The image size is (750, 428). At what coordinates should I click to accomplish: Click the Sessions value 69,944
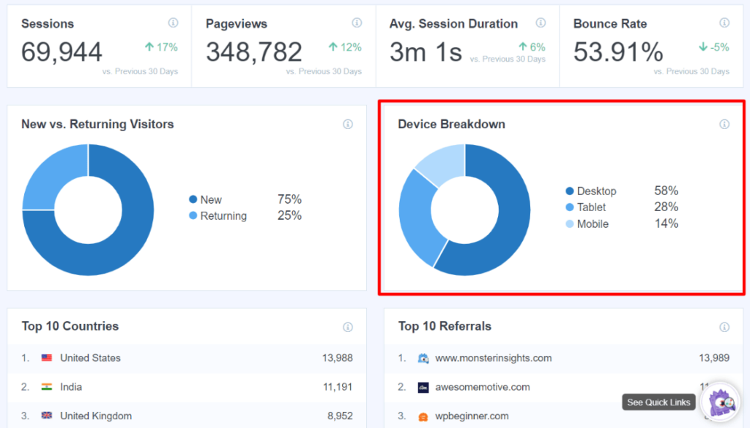point(62,52)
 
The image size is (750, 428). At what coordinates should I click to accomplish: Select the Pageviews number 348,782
point(253,52)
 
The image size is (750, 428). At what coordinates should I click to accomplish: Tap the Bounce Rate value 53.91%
point(618,52)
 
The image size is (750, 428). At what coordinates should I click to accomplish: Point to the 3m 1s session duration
point(426,52)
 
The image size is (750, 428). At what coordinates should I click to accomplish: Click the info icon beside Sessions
point(173,23)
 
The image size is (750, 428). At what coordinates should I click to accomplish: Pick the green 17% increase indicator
point(161,48)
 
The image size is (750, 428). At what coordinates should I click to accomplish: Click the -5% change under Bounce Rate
point(714,48)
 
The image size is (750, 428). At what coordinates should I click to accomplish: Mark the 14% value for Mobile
point(667,224)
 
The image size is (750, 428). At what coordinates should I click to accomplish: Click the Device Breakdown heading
point(451,124)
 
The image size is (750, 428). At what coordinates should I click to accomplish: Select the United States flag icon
point(47,358)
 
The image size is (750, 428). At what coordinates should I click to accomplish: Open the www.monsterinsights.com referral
point(493,358)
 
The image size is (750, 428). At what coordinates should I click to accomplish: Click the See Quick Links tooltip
point(658,402)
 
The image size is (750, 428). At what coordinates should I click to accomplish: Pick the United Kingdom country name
point(96,416)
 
